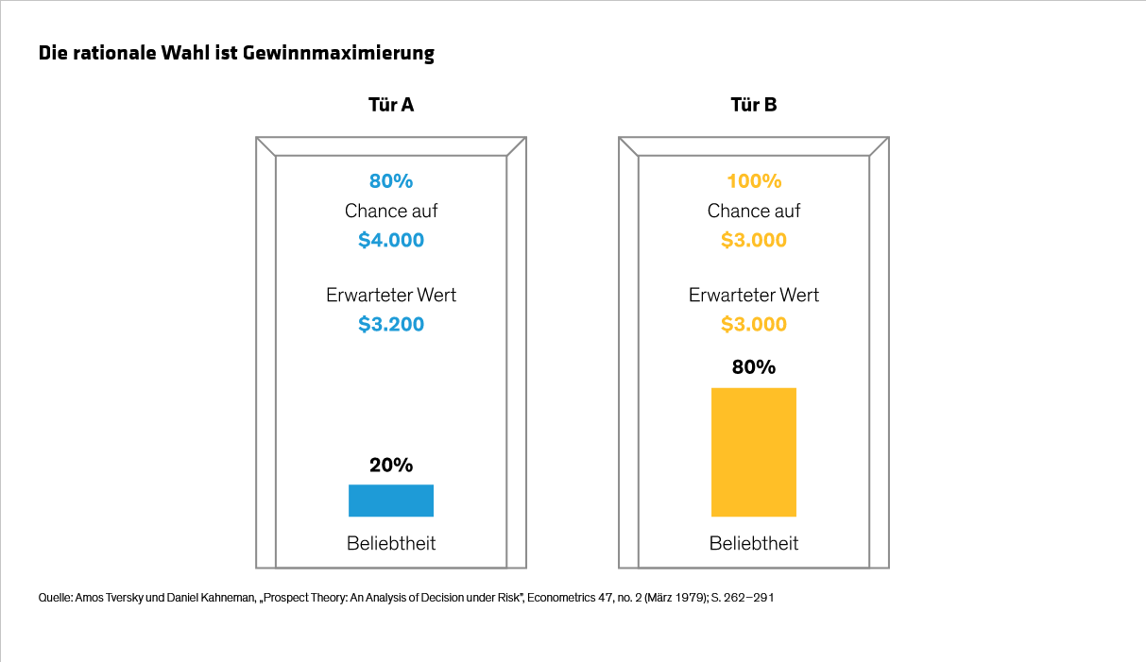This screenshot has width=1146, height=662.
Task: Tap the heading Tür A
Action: tap(390, 105)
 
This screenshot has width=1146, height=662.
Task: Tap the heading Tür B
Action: tap(753, 105)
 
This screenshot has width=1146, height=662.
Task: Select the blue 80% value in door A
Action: tap(390, 181)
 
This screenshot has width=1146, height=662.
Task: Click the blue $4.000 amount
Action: tap(390, 241)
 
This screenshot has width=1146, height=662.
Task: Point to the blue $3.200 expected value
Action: tap(390, 325)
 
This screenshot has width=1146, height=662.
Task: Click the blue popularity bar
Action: tap(390, 501)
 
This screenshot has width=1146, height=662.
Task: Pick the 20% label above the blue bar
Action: tap(390, 466)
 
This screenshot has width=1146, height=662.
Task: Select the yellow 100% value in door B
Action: tap(753, 181)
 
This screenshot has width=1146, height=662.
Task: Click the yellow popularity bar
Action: tap(753, 452)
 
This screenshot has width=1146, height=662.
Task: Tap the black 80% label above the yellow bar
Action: tap(753, 367)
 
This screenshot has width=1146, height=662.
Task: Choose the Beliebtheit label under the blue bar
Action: tap(390, 544)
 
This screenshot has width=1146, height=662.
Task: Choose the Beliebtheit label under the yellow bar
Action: tap(753, 544)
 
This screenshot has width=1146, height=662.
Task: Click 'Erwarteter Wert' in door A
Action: tap(390, 296)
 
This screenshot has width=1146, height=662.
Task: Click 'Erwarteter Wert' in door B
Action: tap(753, 296)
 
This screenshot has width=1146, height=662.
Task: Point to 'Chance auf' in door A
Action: tap(390, 212)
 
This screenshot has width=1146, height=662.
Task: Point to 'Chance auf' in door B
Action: tap(753, 212)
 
